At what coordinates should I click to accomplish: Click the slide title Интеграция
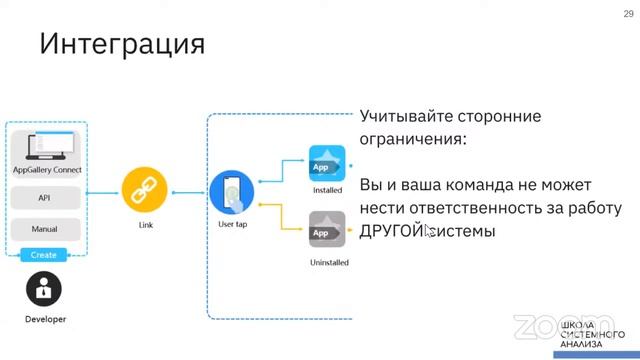[122, 44]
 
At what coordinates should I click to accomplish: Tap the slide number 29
[627, 13]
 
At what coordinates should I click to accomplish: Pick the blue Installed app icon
[327, 163]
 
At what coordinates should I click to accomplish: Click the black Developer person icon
[44, 289]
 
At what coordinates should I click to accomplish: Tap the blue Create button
[44, 255]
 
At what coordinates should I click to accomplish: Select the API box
[44, 198]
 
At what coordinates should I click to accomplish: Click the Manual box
[44, 229]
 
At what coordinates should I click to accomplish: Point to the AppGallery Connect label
[46, 170]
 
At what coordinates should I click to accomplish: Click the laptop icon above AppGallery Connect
[45, 146]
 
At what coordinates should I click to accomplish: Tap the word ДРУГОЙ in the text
[391, 232]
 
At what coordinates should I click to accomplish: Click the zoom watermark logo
[549, 326]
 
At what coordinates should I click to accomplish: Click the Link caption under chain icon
[146, 225]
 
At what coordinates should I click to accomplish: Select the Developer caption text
[45, 319]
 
